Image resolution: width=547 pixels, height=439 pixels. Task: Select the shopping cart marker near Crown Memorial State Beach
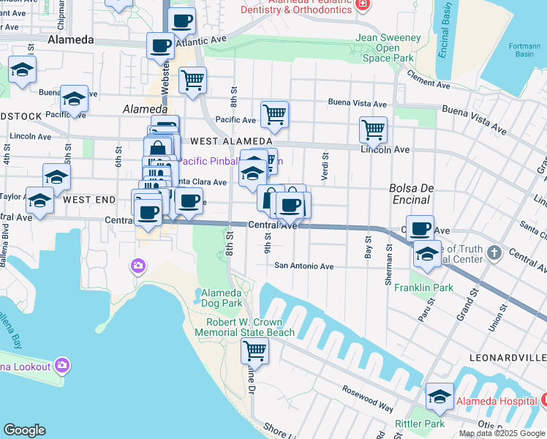coord(254,350)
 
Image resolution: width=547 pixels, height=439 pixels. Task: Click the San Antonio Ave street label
coord(303,266)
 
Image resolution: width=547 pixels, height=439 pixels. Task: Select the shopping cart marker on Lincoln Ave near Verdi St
coord(373,130)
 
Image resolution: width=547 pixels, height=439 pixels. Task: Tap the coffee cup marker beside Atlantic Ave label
coord(160,46)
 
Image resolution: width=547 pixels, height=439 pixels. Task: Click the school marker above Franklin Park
coord(427,253)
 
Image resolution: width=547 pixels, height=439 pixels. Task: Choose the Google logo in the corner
coord(25,430)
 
